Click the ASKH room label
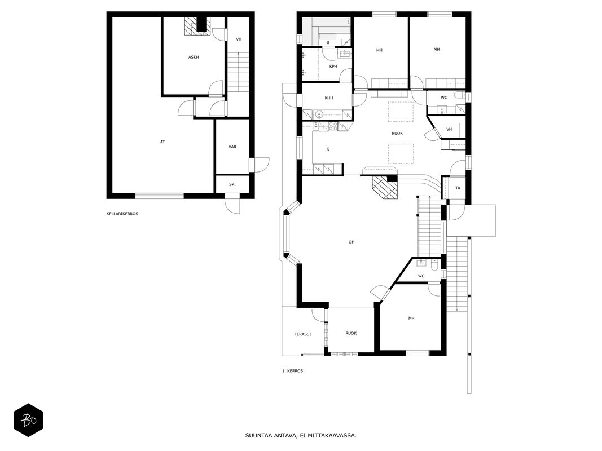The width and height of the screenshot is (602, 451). coord(194,57)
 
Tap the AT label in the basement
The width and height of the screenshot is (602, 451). coord(162,142)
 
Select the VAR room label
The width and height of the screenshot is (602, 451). coord(232,147)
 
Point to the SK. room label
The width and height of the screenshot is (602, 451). coord(232,184)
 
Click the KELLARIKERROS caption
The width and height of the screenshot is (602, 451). coord(122,214)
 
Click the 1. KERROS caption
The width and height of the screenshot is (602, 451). coord(293,371)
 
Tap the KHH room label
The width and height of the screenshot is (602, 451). coord(328,98)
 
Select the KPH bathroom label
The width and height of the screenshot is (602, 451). coord(333,67)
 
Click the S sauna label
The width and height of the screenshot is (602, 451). coord(328,43)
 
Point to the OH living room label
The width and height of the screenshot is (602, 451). coord(351,242)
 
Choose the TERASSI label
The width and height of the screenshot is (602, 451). coord(302,334)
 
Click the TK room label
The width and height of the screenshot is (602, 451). coord(458,188)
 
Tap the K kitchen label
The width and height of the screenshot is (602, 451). coord(328,149)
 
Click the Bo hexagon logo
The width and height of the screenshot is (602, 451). coord(28,421)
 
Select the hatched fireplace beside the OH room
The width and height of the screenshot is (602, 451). coord(385,187)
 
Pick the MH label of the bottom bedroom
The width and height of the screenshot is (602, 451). coord(411,319)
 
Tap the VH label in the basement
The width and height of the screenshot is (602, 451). coord(239,39)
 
